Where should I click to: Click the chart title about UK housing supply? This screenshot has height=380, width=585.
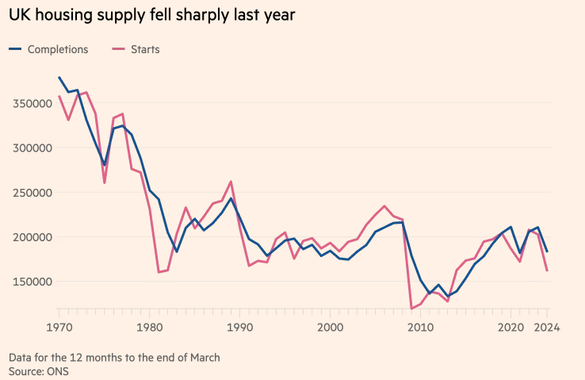(151, 16)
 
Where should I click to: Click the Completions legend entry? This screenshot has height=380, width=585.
(57, 49)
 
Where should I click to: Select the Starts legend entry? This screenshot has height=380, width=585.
(144, 49)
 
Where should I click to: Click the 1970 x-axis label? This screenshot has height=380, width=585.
(59, 326)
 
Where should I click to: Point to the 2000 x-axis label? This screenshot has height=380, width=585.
(330, 326)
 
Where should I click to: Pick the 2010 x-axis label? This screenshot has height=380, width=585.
(420, 326)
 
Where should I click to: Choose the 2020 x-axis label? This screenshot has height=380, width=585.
(510, 326)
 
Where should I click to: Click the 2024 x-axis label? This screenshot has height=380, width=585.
(545, 326)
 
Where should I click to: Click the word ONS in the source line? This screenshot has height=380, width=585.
(57, 370)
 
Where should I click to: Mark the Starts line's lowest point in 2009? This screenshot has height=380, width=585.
(411, 308)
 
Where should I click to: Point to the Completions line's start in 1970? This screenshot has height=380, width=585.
(59, 78)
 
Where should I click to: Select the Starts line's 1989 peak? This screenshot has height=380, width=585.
(231, 182)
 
